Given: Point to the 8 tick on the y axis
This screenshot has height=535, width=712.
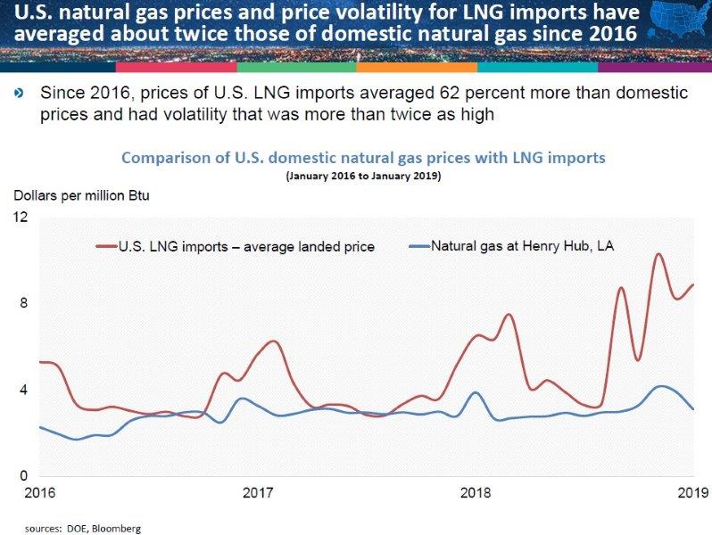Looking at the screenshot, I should pos(23,304).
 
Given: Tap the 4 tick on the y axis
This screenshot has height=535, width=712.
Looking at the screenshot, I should pos(23,390).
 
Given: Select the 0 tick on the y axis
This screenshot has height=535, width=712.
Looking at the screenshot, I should pos(23,476).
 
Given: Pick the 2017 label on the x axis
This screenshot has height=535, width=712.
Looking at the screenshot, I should pos(257,493).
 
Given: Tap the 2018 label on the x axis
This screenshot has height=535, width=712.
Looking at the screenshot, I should pos(476,493).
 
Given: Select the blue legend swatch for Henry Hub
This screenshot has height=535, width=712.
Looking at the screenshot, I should pos(418,245).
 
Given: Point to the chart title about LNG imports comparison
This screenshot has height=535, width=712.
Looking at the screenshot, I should pos(363,158).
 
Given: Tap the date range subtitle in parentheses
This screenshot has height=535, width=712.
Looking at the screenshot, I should pos(362,177).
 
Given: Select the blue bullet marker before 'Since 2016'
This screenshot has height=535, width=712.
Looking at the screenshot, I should pos(20,94).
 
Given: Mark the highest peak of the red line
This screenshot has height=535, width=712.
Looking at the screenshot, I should pos(658,254).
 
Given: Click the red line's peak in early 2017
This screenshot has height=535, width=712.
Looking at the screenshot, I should pos(274,342).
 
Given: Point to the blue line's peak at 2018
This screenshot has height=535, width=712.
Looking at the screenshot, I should pos(476,392).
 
